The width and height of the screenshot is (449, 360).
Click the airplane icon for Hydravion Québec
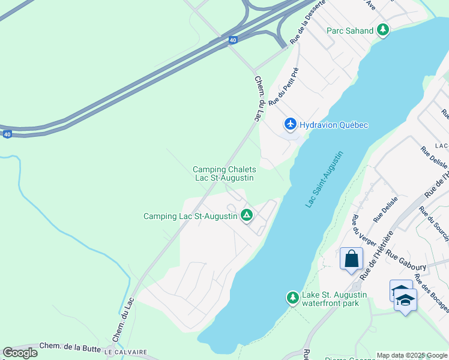[x=291, y=124]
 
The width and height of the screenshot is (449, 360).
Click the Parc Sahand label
[x=350, y=31]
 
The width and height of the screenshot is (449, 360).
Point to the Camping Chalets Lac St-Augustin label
[x=224, y=173]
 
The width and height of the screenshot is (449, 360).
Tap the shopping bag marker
[x=351, y=259]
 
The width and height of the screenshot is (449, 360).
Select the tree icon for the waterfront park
[x=292, y=297]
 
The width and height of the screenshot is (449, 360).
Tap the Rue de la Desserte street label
[x=307, y=21]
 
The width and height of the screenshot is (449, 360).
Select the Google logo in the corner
[x=20, y=353]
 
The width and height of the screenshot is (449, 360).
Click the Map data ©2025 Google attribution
[x=412, y=355]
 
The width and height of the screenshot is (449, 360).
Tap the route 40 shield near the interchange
[x=233, y=40]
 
